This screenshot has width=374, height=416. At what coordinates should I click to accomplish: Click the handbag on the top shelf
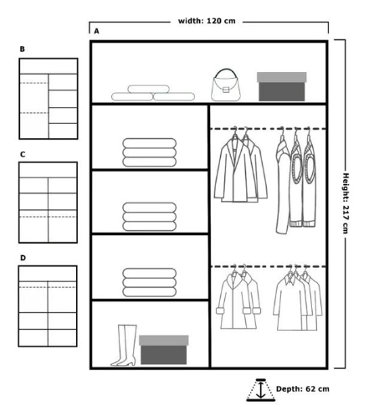click(x=226, y=86)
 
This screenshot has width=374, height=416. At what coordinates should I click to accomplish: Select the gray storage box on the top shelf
click(x=282, y=87)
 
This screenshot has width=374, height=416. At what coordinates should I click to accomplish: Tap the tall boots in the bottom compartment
click(x=124, y=345)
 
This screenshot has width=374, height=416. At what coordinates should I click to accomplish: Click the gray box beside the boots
click(x=164, y=350)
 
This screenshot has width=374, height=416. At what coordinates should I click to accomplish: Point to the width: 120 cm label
click(x=207, y=21)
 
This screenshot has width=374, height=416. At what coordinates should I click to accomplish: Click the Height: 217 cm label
click(x=346, y=203)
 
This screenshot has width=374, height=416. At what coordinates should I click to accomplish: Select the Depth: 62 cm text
click(x=303, y=389)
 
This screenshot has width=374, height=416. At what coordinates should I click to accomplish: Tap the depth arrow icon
click(x=261, y=390)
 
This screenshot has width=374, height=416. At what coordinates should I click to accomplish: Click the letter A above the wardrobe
click(x=96, y=31)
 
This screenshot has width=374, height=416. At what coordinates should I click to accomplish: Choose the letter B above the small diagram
click(x=23, y=49)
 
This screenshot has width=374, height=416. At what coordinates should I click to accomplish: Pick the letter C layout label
click(x=23, y=154)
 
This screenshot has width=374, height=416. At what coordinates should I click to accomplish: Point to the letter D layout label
click(x=23, y=258)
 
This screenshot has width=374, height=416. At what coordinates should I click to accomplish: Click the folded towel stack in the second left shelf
click(x=150, y=217)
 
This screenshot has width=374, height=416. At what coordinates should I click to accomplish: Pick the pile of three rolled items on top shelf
click(x=153, y=93)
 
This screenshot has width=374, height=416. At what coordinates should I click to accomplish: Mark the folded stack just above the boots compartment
click(x=150, y=282)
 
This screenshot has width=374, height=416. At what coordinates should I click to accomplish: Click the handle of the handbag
click(x=226, y=73)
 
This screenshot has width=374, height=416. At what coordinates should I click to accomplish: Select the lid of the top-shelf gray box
click(x=282, y=77)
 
